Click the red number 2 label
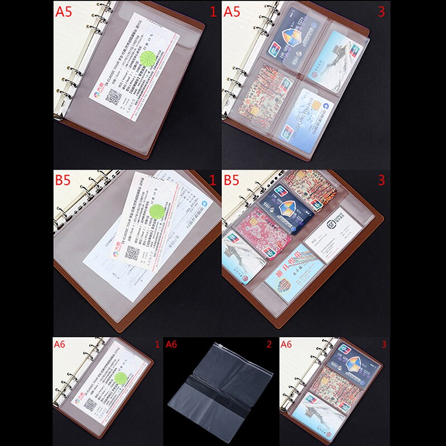pyautogui.click(x=269, y=345)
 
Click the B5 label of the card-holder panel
pyautogui.click(x=233, y=181)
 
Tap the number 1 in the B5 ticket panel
pyautogui.click(x=212, y=181)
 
